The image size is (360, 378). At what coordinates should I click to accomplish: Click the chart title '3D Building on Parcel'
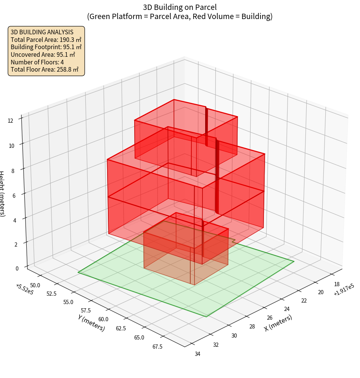tap(180, 7)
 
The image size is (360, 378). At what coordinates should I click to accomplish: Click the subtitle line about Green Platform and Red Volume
tap(180, 16)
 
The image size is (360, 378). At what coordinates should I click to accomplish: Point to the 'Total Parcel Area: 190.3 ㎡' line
tap(46, 40)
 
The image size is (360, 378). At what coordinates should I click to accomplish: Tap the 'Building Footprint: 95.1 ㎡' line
tap(46, 47)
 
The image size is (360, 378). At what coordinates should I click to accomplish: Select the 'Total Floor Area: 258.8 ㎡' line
tap(44, 69)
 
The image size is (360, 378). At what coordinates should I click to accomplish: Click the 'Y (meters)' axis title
tap(91, 323)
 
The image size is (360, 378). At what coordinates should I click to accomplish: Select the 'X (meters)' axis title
tap(278, 323)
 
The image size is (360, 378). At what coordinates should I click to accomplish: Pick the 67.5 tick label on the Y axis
tap(157, 346)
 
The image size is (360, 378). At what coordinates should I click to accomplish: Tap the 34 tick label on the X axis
tap(198, 354)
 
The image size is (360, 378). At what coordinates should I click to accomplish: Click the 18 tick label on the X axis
tap(337, 284)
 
